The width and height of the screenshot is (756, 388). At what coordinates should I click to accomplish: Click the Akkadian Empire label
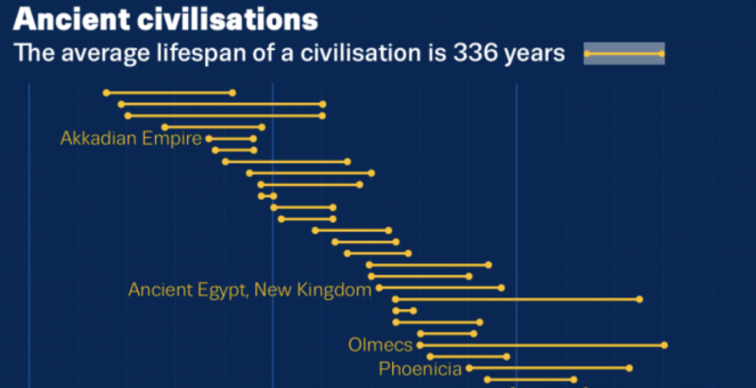click(x=130, y=139)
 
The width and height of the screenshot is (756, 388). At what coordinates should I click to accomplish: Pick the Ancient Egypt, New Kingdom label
click(x=249, y=290)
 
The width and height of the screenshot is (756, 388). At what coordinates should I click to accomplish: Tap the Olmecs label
click(x=380, y=344)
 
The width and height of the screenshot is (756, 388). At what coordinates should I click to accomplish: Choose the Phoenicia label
click(x=421, y=368)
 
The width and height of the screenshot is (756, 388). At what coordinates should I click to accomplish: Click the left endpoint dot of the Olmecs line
click(x=420, y=344)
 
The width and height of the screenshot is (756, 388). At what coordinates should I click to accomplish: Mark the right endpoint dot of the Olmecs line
click(x=664, y=344)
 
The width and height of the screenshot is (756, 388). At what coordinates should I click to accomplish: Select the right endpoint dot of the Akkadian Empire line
click(x=253, y=139)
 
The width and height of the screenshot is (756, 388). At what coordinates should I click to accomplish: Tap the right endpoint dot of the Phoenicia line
click(x=629, y=367)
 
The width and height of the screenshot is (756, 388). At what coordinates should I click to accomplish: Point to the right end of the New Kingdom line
click(x=502, y=288)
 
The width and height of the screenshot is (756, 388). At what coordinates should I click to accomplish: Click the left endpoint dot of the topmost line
click(x=106, y=93)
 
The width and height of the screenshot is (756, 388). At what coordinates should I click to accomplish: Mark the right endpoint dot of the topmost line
click(x=232, y=93)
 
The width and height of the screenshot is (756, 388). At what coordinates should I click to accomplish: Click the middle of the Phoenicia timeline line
click(x=549, y=367)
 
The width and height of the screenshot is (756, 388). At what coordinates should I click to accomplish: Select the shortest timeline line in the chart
click(x=267, y=196)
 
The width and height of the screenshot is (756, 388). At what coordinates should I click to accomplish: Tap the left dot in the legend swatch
click(x=588, y=55)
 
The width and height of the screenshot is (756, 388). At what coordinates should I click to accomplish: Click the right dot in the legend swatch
click(x=661, y=55)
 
